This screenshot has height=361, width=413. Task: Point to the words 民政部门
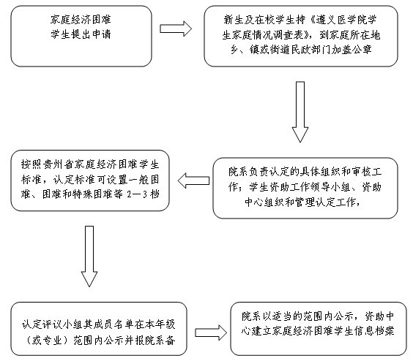tap(310, 50)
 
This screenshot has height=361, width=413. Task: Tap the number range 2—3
tap(136, 194)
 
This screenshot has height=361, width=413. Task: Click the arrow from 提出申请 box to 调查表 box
tap(176, 28)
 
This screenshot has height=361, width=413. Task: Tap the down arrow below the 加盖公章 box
tap(300, 112)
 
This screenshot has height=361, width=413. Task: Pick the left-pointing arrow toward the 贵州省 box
tap(193, 180)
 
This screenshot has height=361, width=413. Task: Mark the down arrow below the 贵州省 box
tap(89, 256)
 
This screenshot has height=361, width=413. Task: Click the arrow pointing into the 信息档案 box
tap(211, 332)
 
